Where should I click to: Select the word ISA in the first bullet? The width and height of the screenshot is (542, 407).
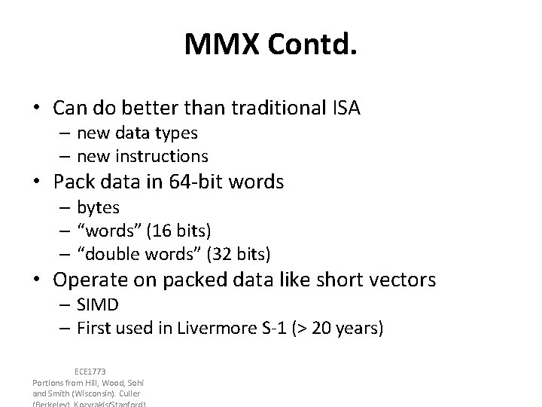click(346, 109)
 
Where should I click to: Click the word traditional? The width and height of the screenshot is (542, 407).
click(276, 109)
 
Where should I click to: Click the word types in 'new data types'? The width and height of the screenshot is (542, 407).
click(176, 133)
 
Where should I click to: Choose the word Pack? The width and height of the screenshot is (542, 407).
click(73, 182)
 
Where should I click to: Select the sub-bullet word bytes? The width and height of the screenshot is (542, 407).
click(98, 206)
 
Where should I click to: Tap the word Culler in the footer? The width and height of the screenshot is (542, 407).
click(129, 393)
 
